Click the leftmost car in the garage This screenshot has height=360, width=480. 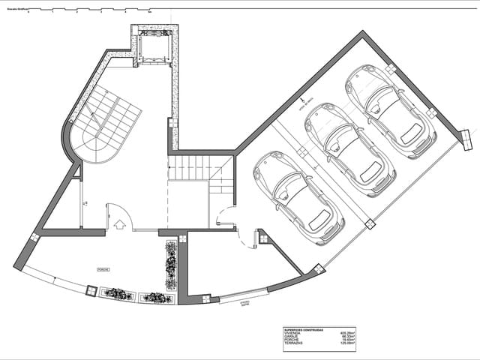point(298,198)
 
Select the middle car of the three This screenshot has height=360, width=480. point(350,149)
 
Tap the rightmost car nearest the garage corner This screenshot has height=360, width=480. point(390,111)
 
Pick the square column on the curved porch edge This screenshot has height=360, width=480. point(91,290)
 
